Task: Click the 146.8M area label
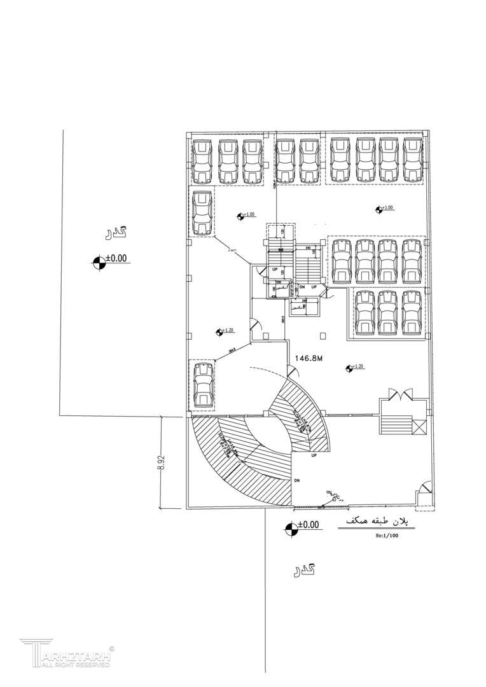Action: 309,359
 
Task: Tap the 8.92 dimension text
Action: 162,462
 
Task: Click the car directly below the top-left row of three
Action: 202,213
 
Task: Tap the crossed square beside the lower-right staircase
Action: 419,427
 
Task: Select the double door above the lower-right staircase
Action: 400,394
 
